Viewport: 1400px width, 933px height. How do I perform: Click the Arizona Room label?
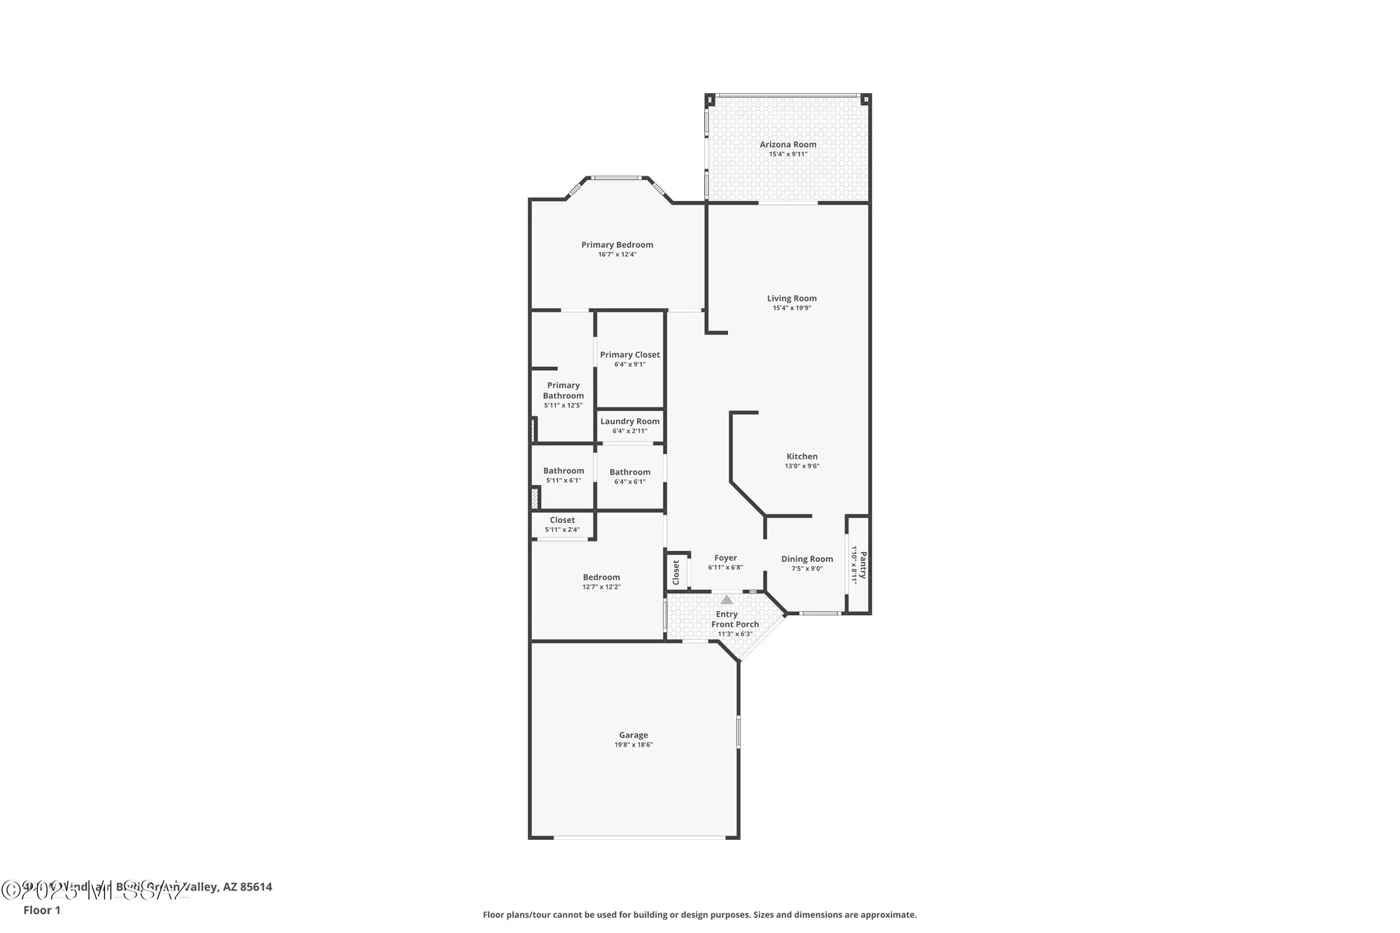coord(788,144)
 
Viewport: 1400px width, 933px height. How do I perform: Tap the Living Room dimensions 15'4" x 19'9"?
coord(792,308)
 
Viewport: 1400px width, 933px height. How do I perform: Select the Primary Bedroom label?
coord(617,244)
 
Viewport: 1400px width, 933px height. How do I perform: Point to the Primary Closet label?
coord(629,355)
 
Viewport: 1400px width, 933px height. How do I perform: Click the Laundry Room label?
coord(629,421)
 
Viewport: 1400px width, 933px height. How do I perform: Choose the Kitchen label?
coord(801,456)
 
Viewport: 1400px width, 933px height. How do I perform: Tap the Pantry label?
coord(863,565)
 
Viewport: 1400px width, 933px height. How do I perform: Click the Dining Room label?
coord(807,559)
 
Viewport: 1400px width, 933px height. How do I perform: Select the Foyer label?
coord(725,558)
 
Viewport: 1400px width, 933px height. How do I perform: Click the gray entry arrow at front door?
coord(727,600)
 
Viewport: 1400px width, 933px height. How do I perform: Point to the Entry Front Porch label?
coord(734,619)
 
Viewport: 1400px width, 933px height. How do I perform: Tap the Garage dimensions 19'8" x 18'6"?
coord(633,745)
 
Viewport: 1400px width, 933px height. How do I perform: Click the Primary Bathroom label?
coord(563,391)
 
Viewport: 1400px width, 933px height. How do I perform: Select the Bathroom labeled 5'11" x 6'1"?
coord(563,471)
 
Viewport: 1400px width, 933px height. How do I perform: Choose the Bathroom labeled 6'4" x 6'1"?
coord(629,472)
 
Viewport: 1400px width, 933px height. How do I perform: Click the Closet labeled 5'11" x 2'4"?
coord(562,520)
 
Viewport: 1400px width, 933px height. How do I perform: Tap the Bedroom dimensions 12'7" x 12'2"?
coord(601,587)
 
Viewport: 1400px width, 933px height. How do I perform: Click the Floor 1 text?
coord(42,910)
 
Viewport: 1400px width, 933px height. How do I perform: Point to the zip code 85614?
coord(255,887)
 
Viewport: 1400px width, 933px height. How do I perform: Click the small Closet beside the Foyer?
coord(676,572)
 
